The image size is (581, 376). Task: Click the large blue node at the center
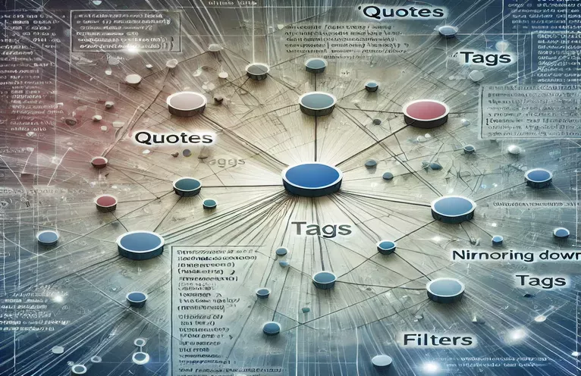point(311,177)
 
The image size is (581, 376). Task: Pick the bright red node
point(426,112)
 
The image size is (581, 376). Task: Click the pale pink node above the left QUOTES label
point(186,102)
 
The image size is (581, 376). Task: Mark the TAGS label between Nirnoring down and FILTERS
point(539,281)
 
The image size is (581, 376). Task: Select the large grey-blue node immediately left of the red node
point(317,102)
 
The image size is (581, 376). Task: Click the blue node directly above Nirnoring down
point(453,207)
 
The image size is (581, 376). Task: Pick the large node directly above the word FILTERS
point(444,289)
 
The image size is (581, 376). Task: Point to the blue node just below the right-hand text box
point(539,177)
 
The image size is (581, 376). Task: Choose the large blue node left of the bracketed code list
point(140,243)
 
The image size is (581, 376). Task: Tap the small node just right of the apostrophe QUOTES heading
point(448,31)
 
